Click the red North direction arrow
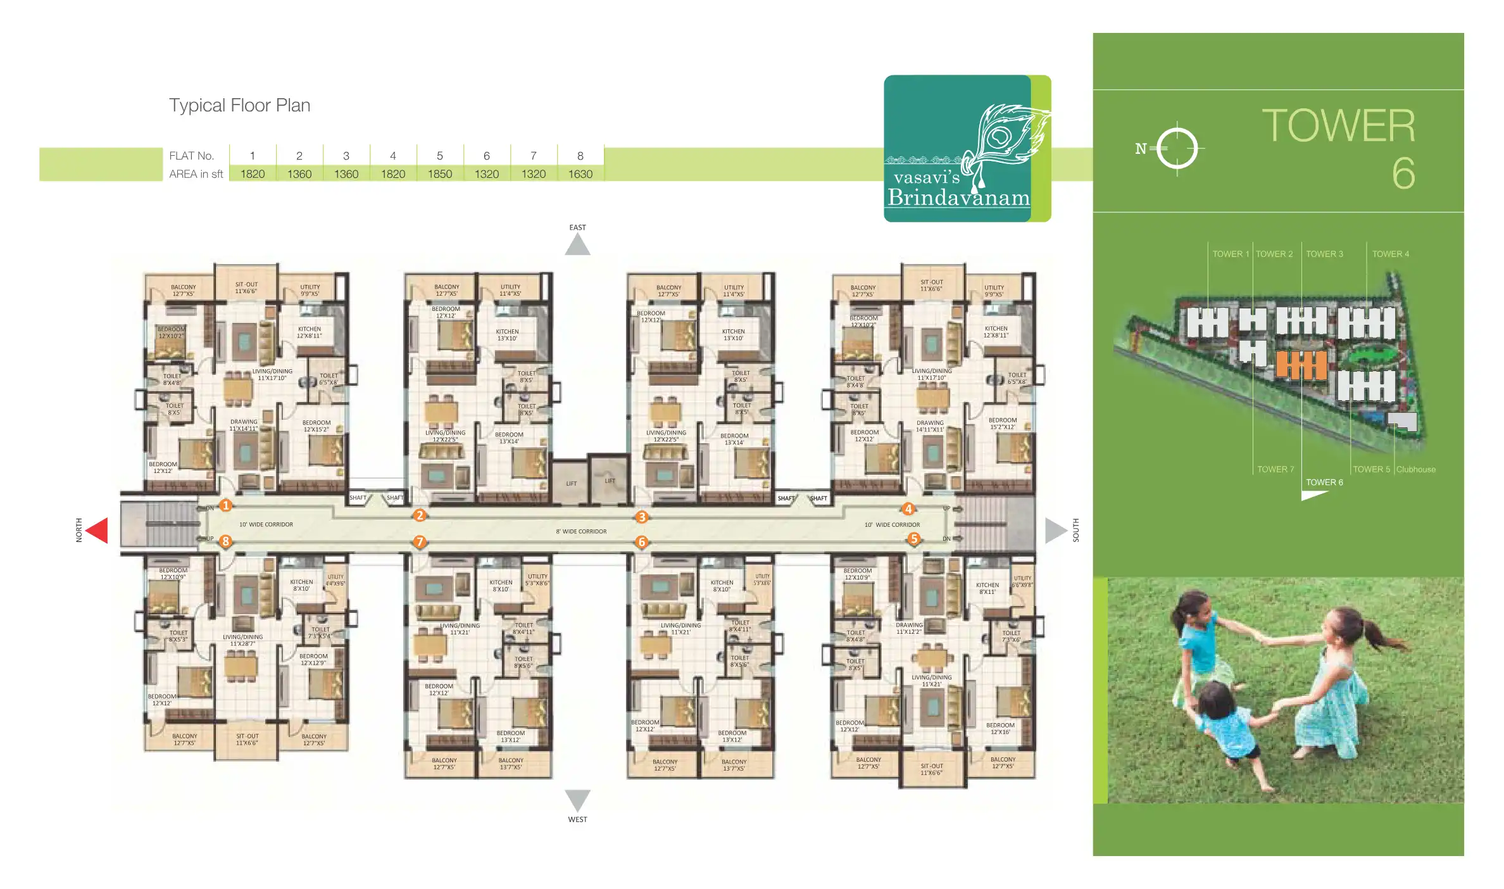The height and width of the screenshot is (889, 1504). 97,530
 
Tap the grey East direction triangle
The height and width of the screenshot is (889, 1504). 577,246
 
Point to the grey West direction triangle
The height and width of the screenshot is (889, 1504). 577,799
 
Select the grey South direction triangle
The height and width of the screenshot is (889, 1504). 1055,530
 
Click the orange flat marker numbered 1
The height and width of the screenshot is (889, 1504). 225,505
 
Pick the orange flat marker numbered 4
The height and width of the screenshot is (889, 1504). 908,509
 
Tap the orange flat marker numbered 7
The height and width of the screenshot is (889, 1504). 419,542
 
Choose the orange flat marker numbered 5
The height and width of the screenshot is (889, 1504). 913,539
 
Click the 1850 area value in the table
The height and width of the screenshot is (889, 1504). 440,174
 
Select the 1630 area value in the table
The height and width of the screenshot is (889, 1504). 580,174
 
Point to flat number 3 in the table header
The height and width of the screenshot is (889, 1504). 346,156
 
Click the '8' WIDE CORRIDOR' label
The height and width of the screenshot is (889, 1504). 581,532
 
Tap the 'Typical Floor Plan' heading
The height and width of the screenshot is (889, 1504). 239,105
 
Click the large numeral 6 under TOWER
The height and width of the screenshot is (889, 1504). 1403,173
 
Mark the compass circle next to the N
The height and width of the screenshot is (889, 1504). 1177,149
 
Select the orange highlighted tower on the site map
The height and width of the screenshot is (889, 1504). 1301,365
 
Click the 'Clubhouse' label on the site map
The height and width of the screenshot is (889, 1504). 1416,470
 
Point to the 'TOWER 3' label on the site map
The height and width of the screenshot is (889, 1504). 1324,254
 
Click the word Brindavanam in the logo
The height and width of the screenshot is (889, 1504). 958,198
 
